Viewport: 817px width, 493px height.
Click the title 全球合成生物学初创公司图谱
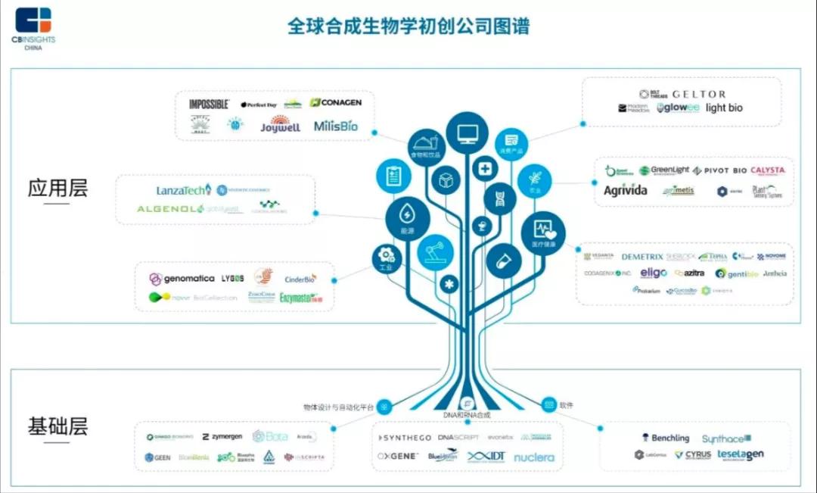[x=408, y=26]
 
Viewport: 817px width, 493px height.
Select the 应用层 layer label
[x=57, y=188]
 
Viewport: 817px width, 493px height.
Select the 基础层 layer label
[x=57, y=426]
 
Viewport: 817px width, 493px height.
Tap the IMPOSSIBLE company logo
[x=209, y=104]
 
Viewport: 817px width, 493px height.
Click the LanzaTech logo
[x=183, y=190]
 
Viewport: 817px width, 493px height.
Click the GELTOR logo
[x=698, y=94]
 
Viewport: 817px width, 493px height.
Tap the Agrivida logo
[x=625, y=191]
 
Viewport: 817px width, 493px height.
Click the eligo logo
[x=654, y=273]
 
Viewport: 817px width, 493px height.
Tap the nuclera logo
[x=533, y=457]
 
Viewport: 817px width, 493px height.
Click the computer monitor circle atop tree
[x=467, y=133]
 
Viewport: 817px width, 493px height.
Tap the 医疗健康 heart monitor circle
[x=543, y=233]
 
